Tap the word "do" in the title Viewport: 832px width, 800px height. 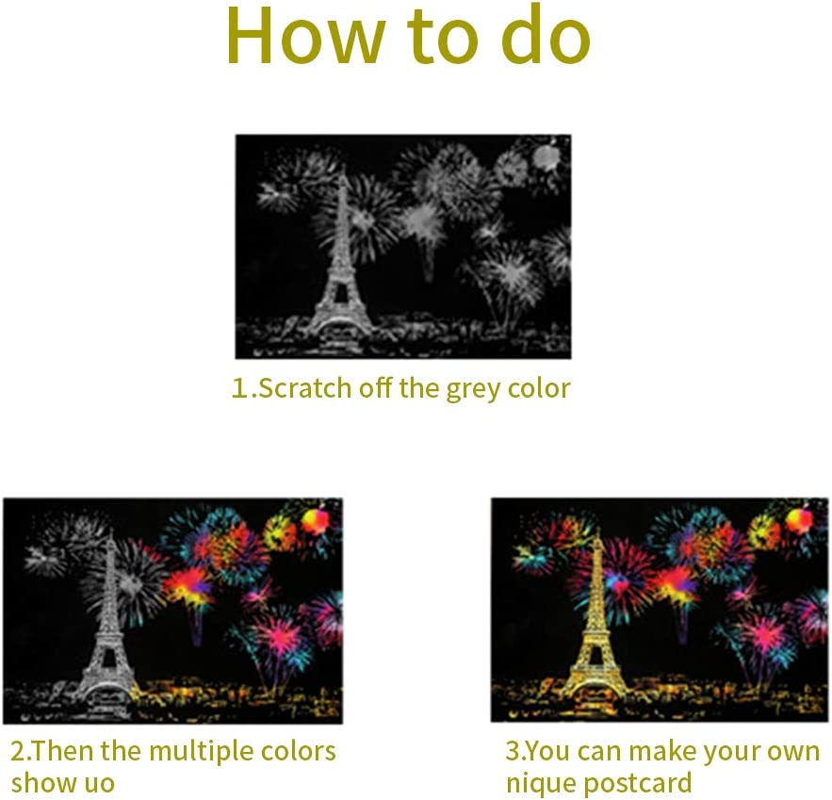pos(546,35)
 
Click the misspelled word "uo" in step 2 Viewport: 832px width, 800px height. pos(100,784)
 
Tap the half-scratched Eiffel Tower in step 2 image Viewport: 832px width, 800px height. pos(107,621)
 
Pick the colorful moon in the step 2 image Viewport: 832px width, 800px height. pos(315,519)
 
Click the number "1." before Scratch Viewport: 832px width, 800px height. pos(244,388)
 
